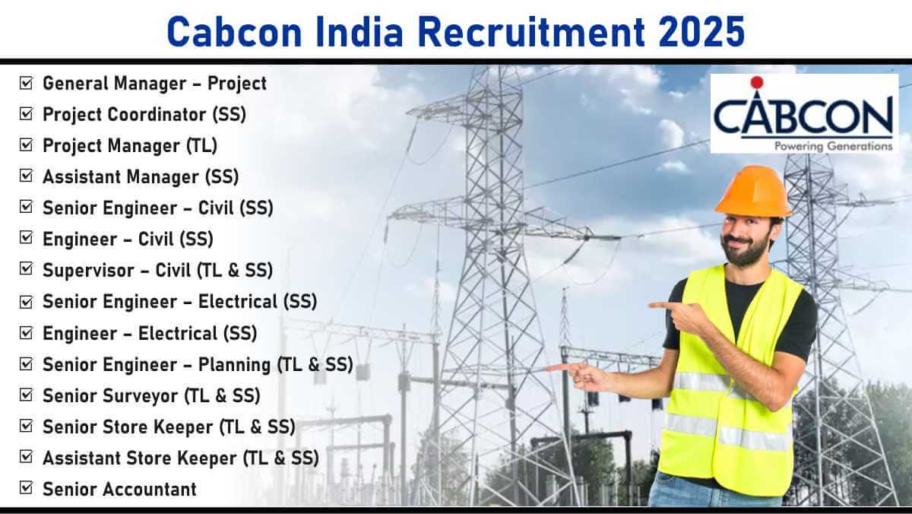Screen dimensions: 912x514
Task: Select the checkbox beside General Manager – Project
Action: (26, 83)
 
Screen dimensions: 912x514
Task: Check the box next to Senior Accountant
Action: (26, 487)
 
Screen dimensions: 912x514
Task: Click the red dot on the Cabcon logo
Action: (756, 82)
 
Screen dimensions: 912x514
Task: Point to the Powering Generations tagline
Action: (834, 146)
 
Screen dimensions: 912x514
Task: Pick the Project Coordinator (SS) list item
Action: (144, 115)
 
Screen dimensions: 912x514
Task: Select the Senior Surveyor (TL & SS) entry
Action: (151, 396)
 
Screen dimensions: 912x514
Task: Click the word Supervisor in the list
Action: (88, 271)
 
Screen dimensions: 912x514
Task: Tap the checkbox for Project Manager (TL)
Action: (26, 144)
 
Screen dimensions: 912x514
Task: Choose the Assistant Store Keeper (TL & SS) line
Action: (181, 458)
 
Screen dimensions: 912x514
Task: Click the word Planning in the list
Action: (235, 365)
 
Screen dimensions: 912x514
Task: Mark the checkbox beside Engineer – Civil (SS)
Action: (26, 237)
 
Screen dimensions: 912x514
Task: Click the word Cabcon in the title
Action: (235, 31)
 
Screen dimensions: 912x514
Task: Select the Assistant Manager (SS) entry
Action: (141, 177)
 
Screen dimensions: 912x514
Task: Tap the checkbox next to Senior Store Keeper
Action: (26, 426)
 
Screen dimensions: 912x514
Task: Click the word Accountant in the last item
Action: (150, 489)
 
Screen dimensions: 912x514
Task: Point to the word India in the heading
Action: (359, 31)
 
